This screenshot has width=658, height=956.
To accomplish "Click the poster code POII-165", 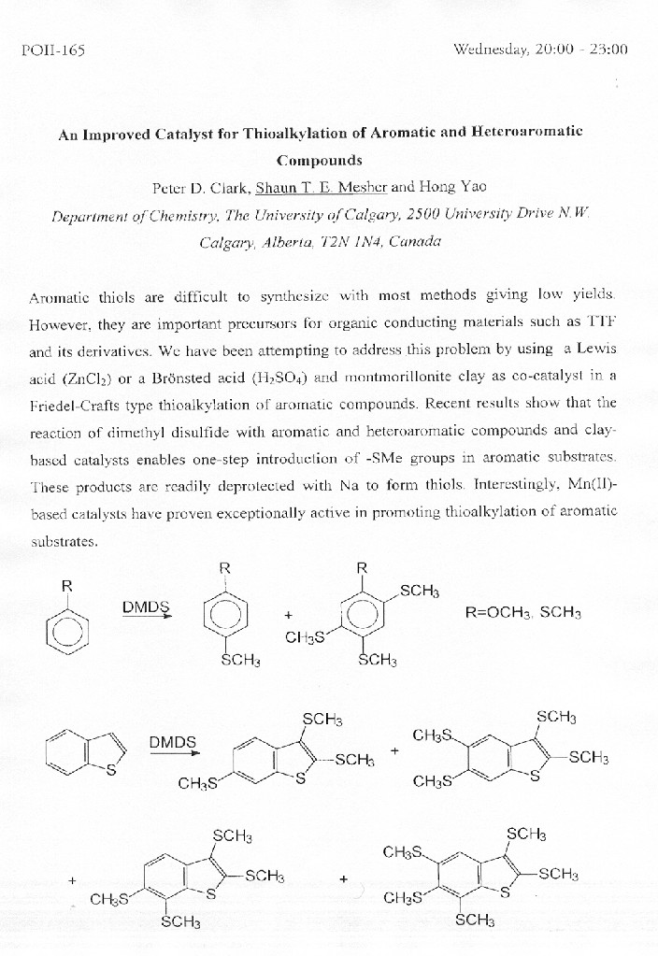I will (x=52, y=50).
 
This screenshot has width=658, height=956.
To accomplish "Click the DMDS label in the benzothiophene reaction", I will (x=173, y=743).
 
